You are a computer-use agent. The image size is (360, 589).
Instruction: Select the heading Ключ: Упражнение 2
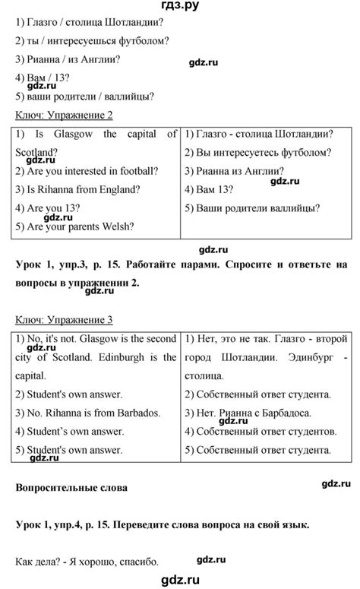64,115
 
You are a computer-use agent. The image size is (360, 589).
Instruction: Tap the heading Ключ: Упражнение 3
64,319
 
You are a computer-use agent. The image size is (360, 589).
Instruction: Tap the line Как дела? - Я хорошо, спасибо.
87,562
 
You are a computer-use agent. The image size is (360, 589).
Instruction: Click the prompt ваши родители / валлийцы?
84,96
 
